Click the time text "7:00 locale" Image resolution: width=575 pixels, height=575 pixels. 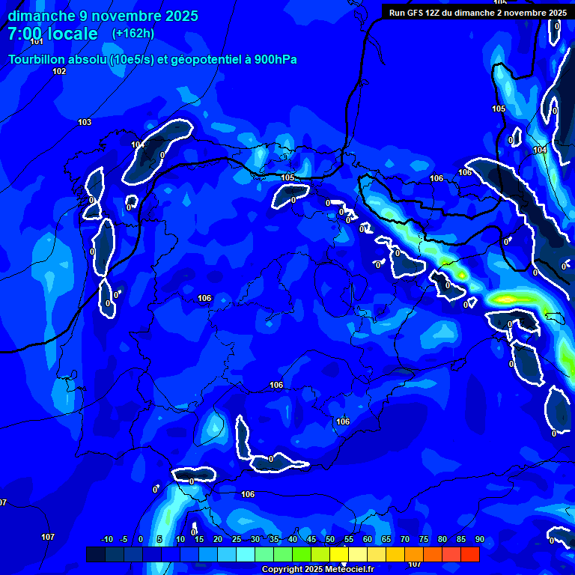tap(52, 34)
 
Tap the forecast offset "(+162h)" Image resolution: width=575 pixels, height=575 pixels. tap(133, 33)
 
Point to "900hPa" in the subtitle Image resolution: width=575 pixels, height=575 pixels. tap(275, 59)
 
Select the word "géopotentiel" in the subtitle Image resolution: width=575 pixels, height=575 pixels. tap(203, 59)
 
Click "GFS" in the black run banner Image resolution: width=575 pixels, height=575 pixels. tap(416, 13)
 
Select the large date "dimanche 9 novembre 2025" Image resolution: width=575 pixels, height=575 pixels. tap(103, 16)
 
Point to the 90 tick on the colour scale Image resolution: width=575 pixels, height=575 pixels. tap(479, 540)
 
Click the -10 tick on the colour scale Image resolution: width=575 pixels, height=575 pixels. tap(106, 540)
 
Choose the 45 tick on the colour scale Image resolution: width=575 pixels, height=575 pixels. tap(311, 540)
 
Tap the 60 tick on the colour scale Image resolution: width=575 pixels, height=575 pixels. tap(367, 540)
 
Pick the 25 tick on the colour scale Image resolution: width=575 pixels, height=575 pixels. tap(236, 540)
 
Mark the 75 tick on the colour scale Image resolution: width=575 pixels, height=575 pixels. tap(423, 540)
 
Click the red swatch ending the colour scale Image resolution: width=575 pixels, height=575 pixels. tap(469, 554)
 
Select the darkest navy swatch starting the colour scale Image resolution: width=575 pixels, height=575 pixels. tap(96, 554)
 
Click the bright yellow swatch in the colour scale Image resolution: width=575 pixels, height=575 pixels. tap(357, 554)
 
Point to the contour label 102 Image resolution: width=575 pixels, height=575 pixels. tap(59, 71)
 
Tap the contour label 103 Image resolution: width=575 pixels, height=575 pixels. tap(85, 122)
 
